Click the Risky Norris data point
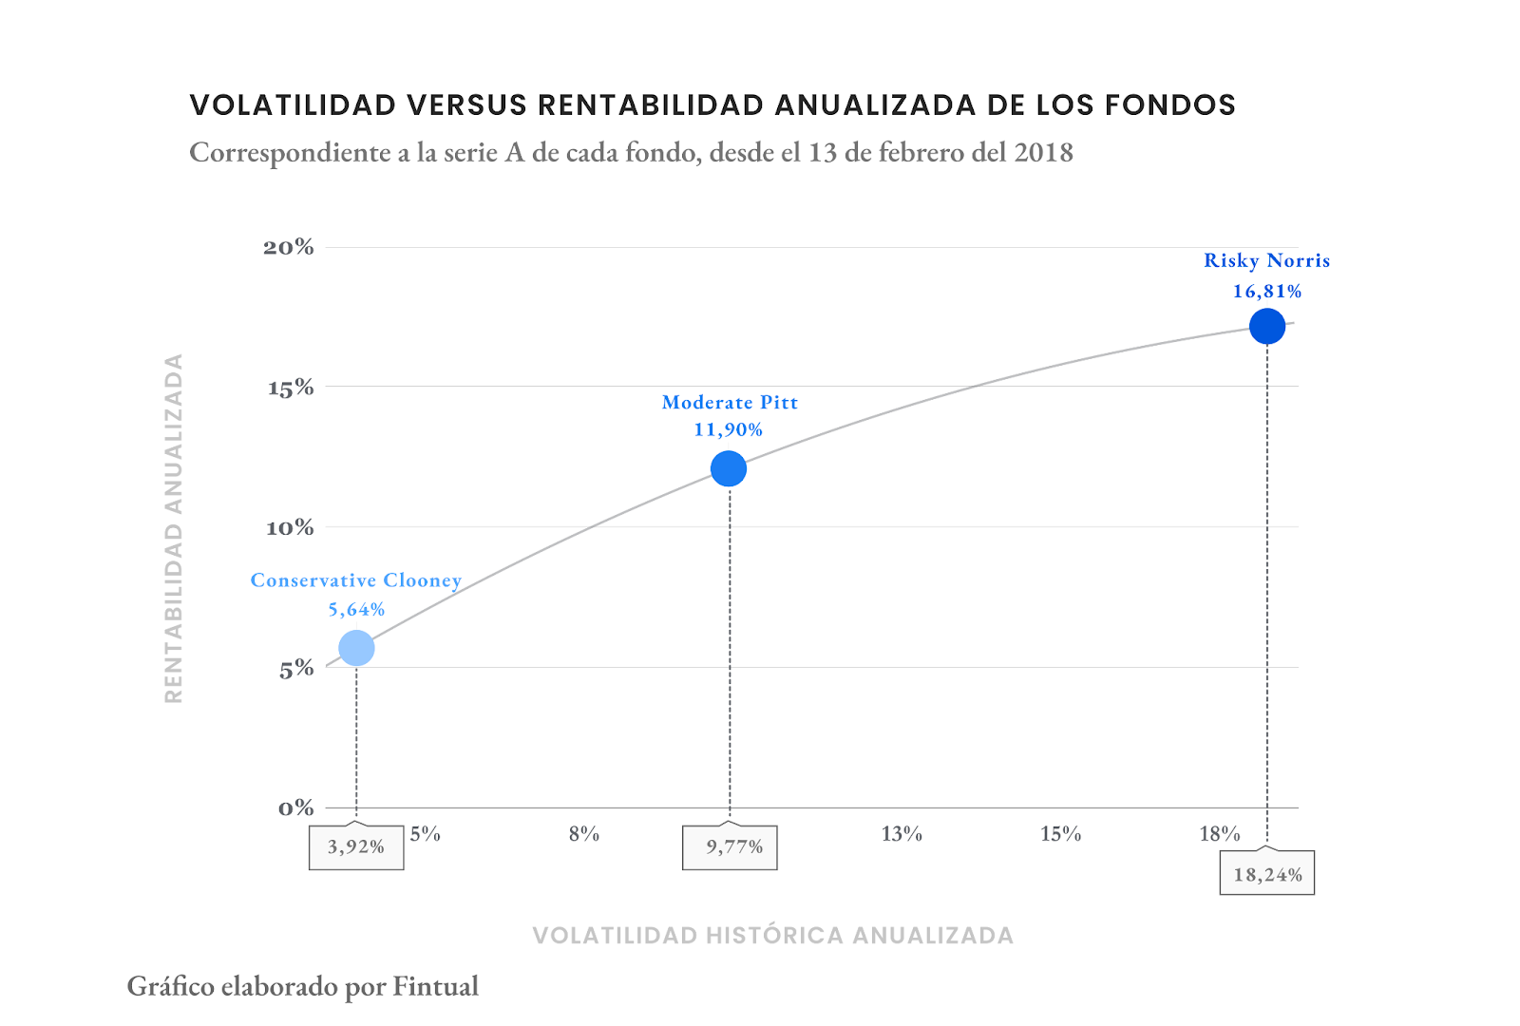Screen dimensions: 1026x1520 tap(1267, 326)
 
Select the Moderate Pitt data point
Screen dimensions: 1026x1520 tap(729, 468)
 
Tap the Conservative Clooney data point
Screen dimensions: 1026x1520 tap(356, 648)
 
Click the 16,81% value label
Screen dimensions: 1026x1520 tap(1267, 292)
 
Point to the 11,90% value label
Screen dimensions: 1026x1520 tap(728, 429)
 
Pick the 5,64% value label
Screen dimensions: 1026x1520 tap(356, 610)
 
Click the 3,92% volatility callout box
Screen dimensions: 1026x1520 tap(356, 847)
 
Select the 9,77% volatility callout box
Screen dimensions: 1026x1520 tap(730, 847)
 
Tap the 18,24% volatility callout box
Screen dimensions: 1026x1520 tap(1267, 874)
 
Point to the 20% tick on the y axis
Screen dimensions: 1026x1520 tap(289, 247)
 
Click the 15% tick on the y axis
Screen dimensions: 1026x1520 tap(291, 388)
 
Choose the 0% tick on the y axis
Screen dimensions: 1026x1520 tap(295, 808)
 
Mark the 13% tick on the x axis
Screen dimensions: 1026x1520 tap(902, 834)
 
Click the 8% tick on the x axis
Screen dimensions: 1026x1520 tap(584, 834)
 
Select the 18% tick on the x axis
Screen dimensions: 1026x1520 tap(1220, 834)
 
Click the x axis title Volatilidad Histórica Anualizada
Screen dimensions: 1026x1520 tap(773, 936)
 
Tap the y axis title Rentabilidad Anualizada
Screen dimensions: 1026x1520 tap(173, 528)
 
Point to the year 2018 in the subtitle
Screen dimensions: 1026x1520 tap(1043, 153)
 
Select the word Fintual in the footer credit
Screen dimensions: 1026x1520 tap(436, 987)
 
